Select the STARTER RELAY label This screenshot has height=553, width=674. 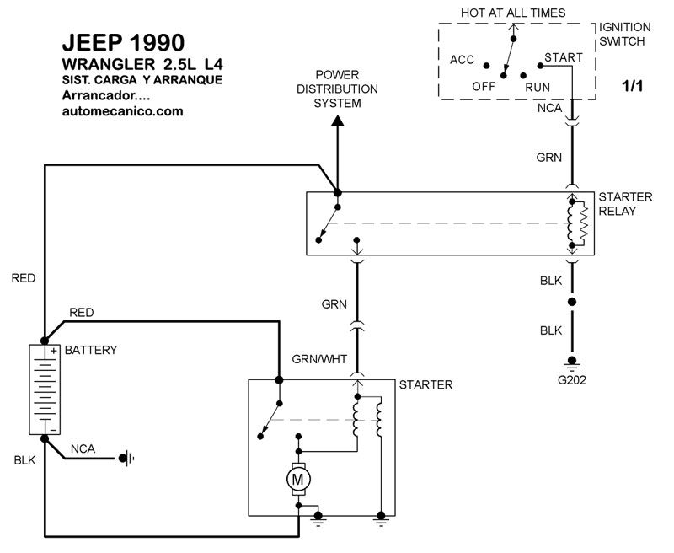pos(624,203)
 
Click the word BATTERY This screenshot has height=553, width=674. pos(90,349)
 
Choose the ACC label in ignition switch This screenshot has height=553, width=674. pos(463,60)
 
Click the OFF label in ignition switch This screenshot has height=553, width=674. pos(483,86)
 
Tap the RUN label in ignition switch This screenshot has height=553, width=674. pos(538,86)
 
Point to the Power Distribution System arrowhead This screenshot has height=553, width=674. pos(337,121)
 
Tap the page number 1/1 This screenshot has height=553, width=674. pos(632,86)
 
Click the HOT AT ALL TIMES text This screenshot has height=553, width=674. pos(512,13)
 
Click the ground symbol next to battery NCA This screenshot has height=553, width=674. pos(127,459)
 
